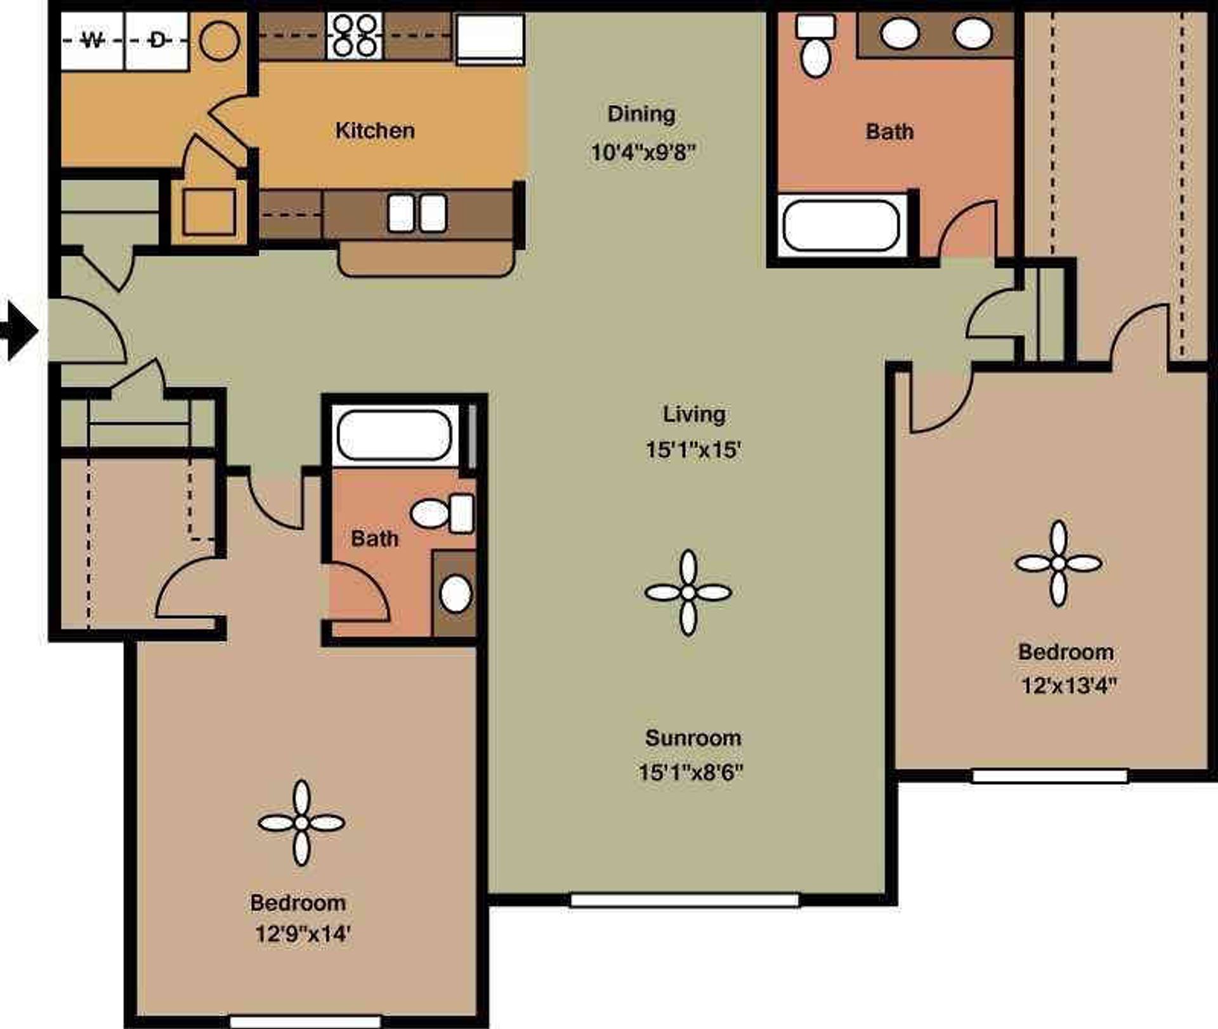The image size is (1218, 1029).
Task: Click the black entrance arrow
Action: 19,331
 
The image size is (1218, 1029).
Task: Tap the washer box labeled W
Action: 93,41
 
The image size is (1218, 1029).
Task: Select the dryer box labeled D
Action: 157,41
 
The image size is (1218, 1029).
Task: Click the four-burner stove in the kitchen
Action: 355,36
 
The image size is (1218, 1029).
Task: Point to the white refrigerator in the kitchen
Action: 490,38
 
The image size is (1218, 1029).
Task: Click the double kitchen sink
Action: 417,213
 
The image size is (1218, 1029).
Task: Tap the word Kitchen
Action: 375,131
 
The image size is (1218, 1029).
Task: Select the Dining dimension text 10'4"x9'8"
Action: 643,153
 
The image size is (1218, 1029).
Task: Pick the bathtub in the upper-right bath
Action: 841,226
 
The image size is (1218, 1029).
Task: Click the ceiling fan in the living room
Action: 688,593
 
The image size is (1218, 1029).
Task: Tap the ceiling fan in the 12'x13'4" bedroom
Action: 1058,563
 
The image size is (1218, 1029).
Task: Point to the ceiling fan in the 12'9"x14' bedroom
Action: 301,823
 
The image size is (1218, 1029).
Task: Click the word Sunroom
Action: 693,738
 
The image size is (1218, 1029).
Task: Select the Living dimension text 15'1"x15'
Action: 693,450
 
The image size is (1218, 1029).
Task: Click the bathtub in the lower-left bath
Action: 394,435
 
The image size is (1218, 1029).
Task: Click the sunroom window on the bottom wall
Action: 684,900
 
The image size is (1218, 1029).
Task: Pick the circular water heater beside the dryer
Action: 219,41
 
